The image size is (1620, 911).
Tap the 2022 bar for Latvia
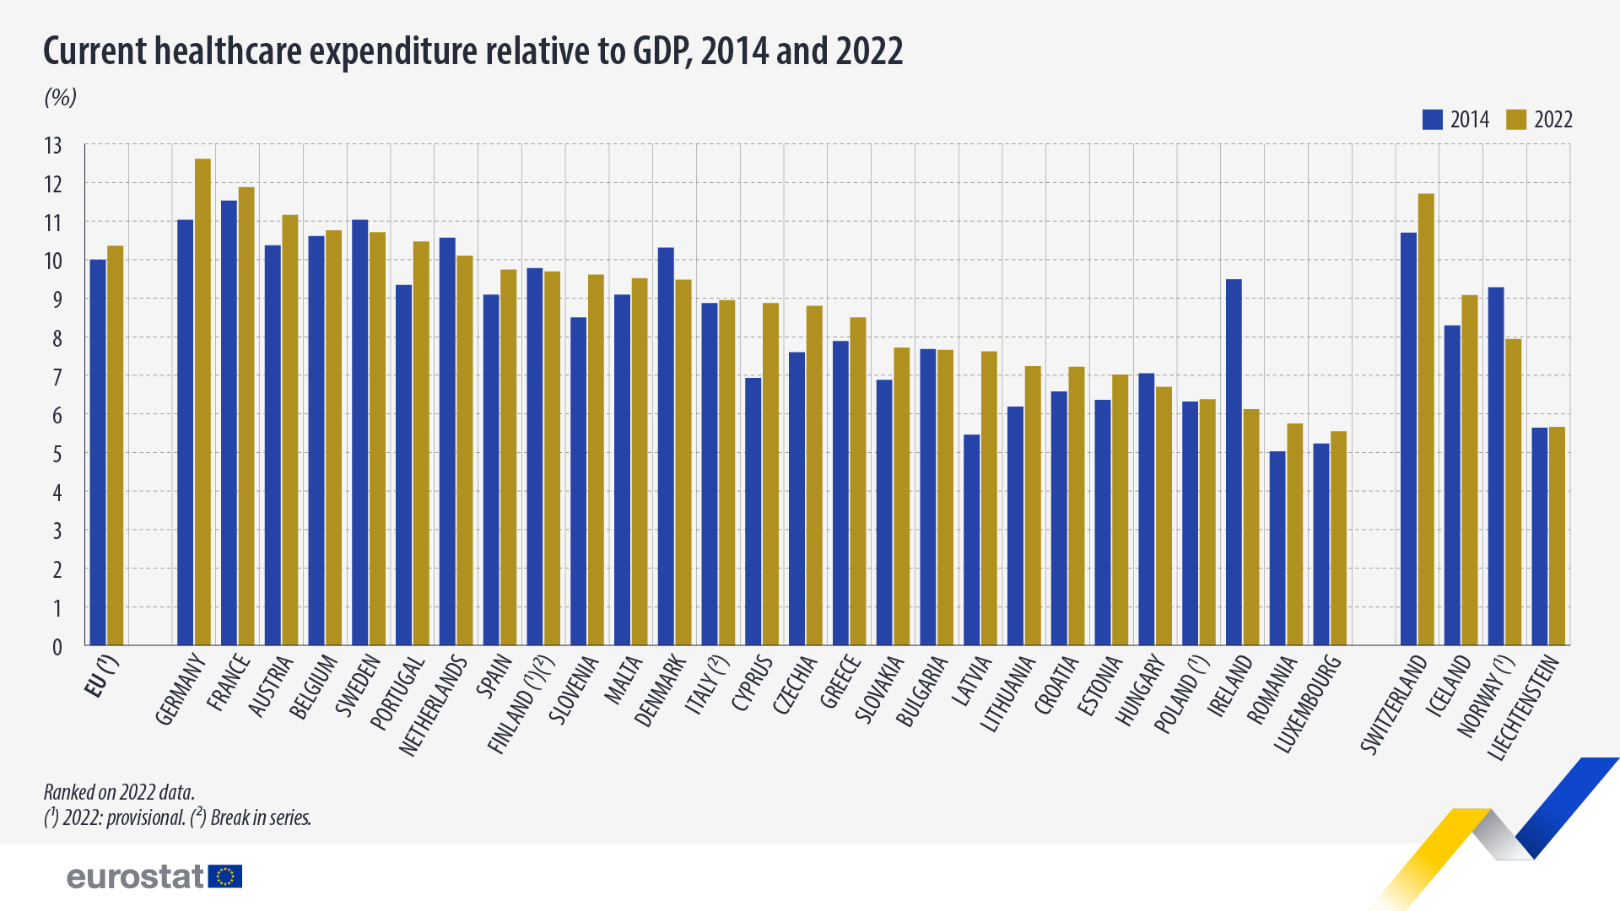click(x=989, y=498)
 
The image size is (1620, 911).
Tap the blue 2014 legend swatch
click(x=1432, y=120)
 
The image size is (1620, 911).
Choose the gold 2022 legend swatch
click(x=1516, y=120)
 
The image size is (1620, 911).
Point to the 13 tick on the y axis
click(x=53, y=146)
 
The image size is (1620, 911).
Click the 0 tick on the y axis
click(x=57, y=647)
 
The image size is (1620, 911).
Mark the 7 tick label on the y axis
click(x=57, y=377)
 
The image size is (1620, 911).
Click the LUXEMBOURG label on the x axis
click(x=1309, y=703)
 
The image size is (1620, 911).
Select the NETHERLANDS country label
click(x=434, y=705)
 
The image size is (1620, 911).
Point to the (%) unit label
click(x=60, y=98)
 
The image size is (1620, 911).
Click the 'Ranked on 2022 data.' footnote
click(x=119, y=792)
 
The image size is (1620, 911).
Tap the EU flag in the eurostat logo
click(x=225, y=876)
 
